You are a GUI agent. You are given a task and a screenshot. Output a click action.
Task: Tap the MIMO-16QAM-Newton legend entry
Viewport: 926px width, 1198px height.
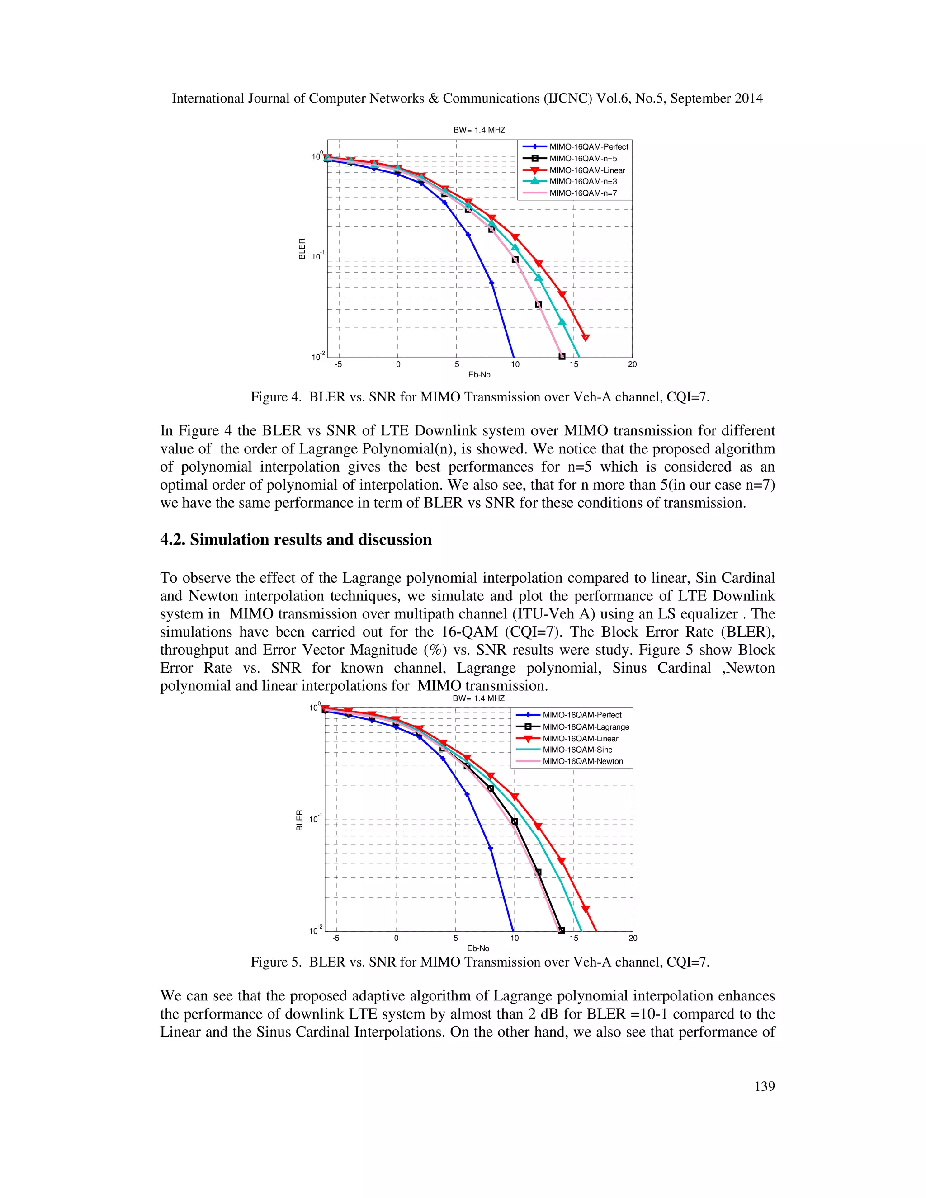582,761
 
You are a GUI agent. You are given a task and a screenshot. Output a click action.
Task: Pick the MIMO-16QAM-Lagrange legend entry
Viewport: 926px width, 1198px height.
586,727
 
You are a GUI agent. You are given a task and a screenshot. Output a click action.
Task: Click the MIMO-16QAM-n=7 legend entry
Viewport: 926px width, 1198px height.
583,193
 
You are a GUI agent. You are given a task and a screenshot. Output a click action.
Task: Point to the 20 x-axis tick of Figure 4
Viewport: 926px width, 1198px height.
632,364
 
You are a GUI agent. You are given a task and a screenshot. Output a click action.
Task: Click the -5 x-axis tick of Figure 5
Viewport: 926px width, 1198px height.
336,938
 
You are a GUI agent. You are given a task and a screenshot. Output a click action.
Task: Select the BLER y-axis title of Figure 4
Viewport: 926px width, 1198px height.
302,249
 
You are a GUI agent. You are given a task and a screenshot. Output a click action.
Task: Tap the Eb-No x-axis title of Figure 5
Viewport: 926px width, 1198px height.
478,948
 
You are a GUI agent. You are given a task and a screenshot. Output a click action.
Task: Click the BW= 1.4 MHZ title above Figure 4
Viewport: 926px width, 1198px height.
479,130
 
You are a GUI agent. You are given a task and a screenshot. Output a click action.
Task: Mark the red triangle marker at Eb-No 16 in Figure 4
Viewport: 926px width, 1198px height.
586,337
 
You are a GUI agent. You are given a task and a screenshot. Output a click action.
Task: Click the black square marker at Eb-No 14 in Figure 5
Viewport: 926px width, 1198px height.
561,930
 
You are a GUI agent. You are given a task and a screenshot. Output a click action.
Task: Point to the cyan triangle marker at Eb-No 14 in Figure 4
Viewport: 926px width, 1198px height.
562,322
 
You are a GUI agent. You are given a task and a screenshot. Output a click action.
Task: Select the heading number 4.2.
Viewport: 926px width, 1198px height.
172,540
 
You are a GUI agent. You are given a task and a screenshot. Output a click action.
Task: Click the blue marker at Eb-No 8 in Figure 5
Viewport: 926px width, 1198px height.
491,849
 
